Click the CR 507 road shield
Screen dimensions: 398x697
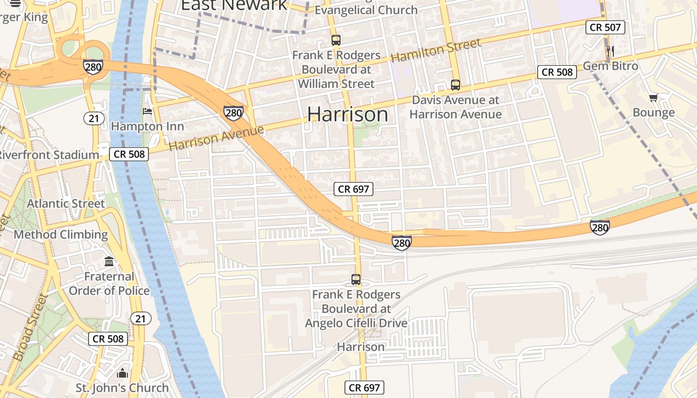605,27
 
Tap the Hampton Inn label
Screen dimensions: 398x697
147,126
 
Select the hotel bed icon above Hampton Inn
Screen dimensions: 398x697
147,111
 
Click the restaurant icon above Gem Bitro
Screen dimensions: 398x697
610,51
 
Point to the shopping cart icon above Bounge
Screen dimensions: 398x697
653,98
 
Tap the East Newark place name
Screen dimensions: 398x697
234,5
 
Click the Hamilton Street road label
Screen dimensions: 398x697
436,51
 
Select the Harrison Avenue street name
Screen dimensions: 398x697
216,138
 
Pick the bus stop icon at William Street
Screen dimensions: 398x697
336,40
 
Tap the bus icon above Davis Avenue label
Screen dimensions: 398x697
456,85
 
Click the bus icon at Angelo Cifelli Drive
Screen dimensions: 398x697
356,280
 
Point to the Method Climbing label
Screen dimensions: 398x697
61,234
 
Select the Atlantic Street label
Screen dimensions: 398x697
66,203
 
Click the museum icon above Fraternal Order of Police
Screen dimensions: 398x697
109,261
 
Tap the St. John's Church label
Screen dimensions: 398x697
122,388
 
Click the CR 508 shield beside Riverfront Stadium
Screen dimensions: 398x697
129,154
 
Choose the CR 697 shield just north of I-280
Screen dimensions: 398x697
353,189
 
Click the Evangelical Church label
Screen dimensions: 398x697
366,9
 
